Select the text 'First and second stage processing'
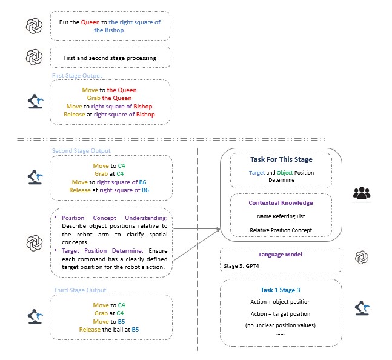pos(110,58)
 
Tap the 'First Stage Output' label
pos(77,76)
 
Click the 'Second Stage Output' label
pos(81,151)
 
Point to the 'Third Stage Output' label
pos(79,290)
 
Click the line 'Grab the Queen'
pos(110,98)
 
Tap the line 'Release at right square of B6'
pos(109,189)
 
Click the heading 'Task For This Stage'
pos(281,160)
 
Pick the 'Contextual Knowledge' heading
pos(281,203)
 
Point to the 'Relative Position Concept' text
pos(281,230)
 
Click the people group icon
pos(362,193)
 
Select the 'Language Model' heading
pos(281,255)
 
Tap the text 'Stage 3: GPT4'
pos(242,265)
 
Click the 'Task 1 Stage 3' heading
pos(281,290)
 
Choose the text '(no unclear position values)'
pos(281,326)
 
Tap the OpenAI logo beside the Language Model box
pos(362,257)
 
